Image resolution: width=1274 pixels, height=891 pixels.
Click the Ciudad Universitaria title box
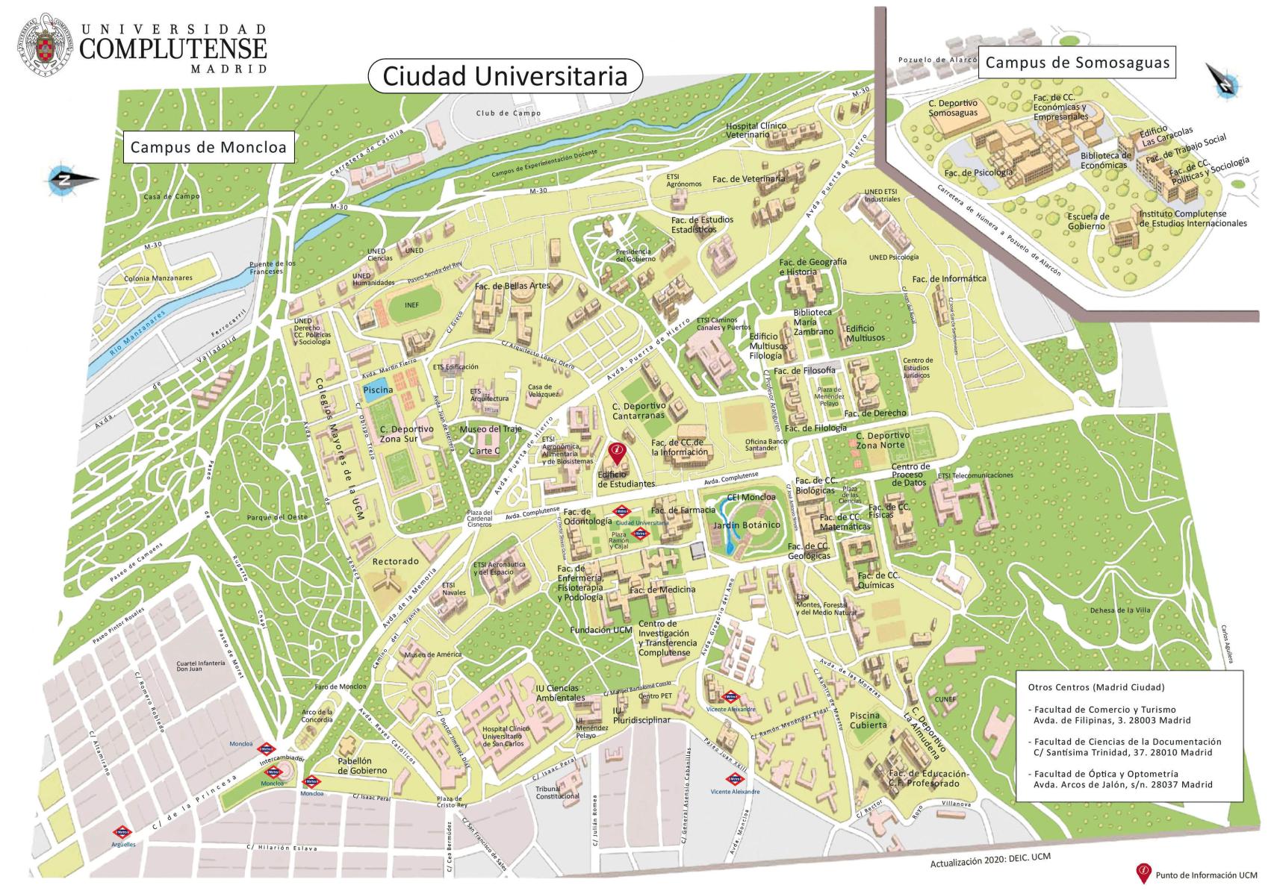[x=506, y=76]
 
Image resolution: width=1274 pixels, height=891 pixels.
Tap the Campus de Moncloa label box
[x=208, y=148]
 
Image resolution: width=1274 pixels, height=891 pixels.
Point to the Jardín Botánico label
[x=747, y=525]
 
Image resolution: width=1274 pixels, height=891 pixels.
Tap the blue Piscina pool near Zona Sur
[x=377, y=390]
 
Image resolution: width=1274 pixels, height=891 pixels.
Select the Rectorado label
[x=396, y=561]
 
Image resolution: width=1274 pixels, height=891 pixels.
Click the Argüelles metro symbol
[x=122, y=832]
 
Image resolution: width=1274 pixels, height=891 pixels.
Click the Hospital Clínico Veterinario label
[x=756, y=131]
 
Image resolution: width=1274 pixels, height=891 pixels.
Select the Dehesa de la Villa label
[x=1120, y=610]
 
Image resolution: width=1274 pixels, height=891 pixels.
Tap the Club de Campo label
[x=508, y=113]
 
